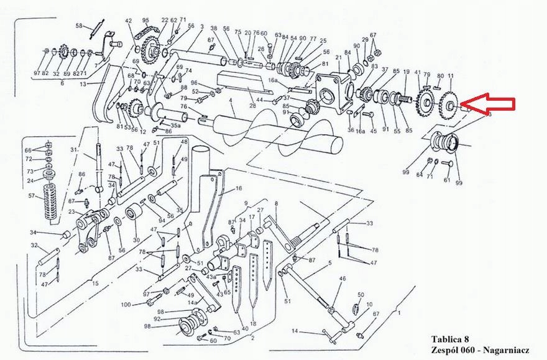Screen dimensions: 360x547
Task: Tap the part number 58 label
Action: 79,25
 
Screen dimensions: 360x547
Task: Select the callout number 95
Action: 145,21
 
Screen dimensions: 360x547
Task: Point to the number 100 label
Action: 126,304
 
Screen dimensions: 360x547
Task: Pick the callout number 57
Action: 32,196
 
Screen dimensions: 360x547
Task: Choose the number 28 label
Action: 252,107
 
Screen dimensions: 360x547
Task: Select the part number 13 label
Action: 83,83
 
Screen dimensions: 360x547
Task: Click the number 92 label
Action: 158,320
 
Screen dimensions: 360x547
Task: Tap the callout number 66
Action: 27,150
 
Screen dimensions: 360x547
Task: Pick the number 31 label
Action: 73,150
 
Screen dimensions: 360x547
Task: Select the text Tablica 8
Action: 450,339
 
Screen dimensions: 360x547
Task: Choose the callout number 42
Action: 129,21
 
